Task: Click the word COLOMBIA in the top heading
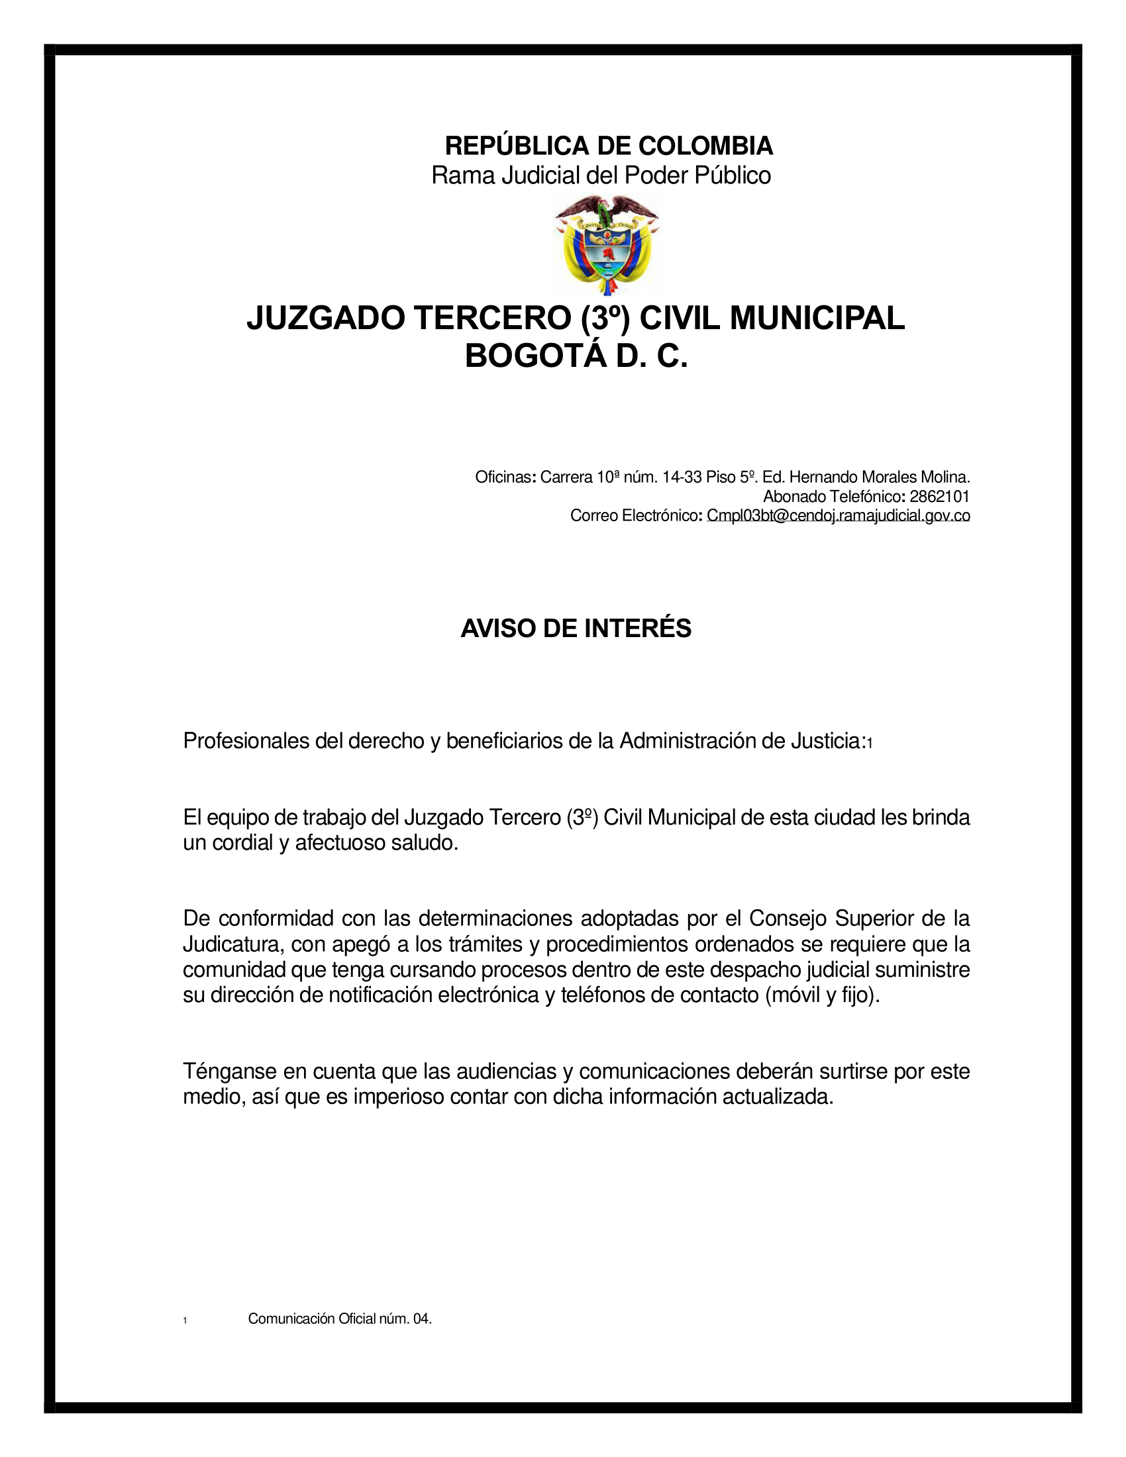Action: (705, 146)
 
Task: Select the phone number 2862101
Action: (939, 496)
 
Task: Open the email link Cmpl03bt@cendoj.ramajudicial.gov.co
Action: (838, 515)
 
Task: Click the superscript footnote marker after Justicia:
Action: (870, 744)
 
